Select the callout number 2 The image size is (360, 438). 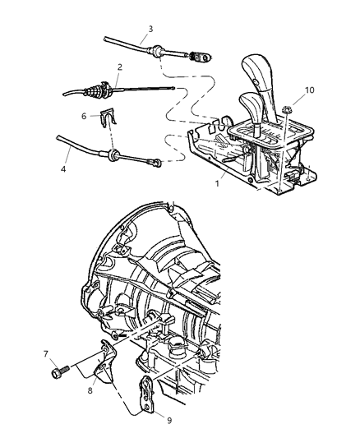120,67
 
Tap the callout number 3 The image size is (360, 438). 150,30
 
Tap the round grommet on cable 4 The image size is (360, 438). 108,154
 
